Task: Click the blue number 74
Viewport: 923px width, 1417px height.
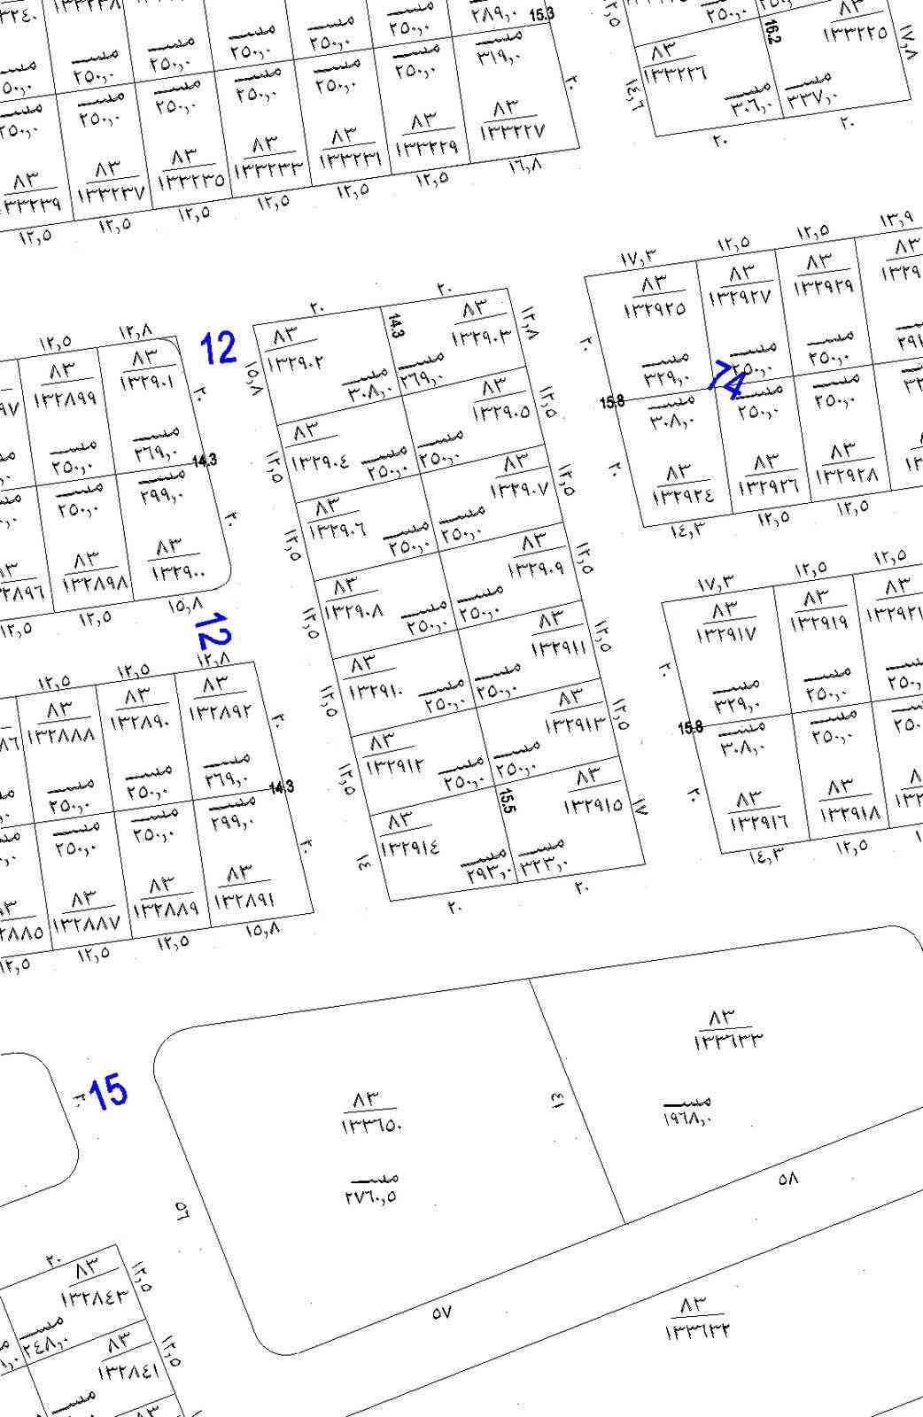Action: tap(728, 379)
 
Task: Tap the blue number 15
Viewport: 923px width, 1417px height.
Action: tap(108, 1092)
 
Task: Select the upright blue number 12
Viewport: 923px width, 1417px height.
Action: tap(219, 347)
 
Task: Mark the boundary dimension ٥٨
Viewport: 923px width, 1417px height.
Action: tap(787, 1179)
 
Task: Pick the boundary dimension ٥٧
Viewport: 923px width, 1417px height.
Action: tap(442, 1314)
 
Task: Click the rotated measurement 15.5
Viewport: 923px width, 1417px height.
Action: tap(507, 801)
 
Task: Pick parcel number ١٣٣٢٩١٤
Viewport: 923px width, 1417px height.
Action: tap(409, 846)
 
